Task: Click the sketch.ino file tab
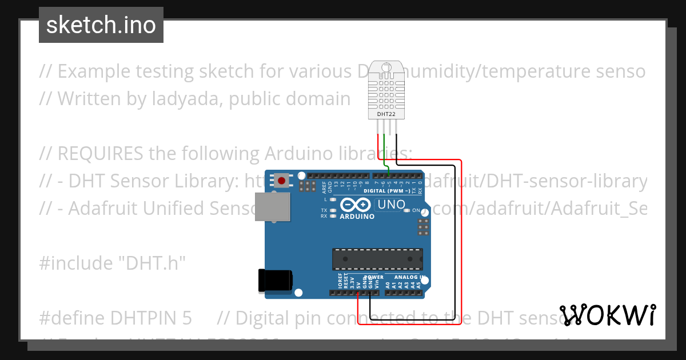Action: click(x=101, y=25)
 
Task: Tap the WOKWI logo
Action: click(x=608, y=314)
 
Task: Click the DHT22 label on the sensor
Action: click(x=386, y=114)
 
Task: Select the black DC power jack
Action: click(x=276, y=279)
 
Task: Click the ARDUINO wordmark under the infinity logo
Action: click(x=357, y=217)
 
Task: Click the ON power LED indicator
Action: click(x=407, y=211)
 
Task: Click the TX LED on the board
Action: click(x=332, y=210)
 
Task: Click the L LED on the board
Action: click(x=332, y=199)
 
